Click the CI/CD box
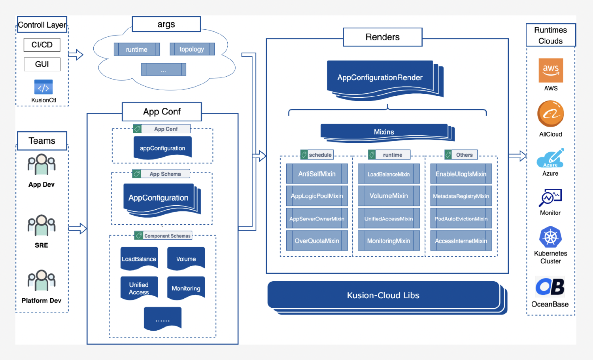tap(42, 45)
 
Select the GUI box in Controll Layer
tap(42, 64)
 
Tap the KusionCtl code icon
tap(43, 87)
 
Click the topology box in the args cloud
tap(192, 49)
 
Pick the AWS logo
tap(551, 70)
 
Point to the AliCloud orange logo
tap(550, 114)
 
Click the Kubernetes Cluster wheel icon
tap(550, 237)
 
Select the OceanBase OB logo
tap(550, 287)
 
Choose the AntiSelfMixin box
tap(317, 174)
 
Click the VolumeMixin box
tap(389, 196)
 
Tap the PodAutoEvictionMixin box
tap(461, 219)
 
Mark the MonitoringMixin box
tap(389, 241)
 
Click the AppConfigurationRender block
tap(380, 78)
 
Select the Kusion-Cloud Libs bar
tap(383, 296)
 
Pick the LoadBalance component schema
tap(139, 259)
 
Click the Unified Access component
tap(139, 288)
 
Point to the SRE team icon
tap(42, 225)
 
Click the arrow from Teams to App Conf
tap(77, 228)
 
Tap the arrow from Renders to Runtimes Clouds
tap(517, 156)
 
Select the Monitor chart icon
tap(550, 197)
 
